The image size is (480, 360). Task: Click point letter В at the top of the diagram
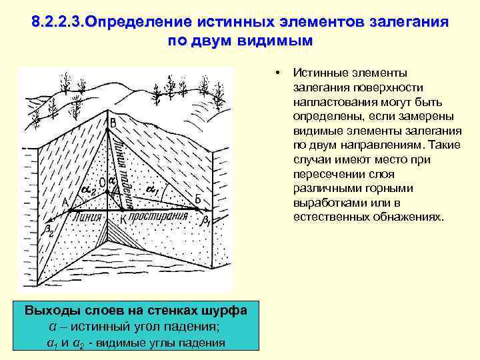(x=113, y=123)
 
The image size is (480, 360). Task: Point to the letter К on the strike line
(x=123, y=218)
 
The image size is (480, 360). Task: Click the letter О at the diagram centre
(x=101, y=182)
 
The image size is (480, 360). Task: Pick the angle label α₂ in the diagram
(x=87, y=191)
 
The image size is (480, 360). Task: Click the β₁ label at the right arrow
(x=207, y=221)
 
